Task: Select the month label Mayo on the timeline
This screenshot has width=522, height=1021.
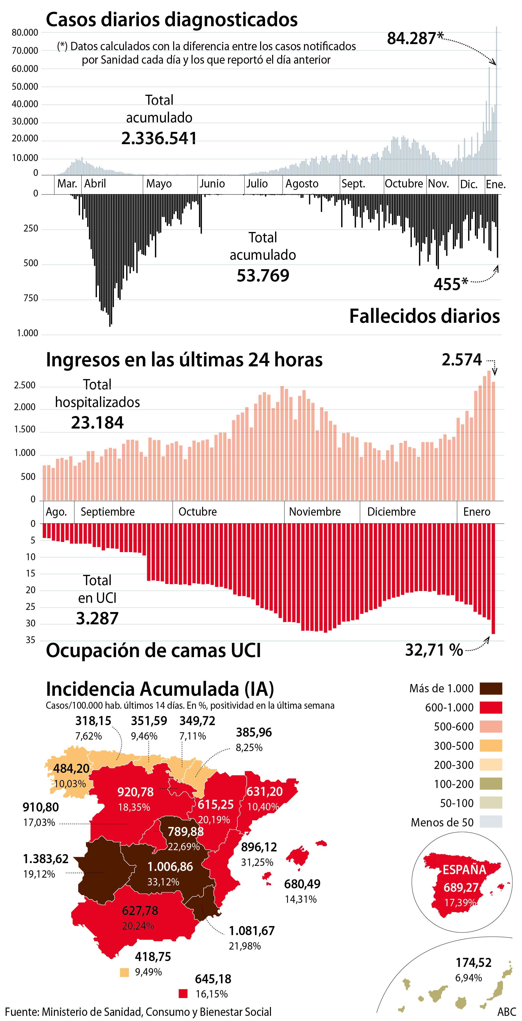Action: coord(159,184)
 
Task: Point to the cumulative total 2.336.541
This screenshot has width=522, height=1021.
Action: coord(159,138)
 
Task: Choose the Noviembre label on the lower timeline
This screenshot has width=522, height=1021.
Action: coord(315,512)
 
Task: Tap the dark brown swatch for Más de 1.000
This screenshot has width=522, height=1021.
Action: coord(491,688)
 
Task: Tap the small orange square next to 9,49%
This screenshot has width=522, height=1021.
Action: coord(124,972)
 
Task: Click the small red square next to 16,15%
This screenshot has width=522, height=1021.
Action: coord(183,994)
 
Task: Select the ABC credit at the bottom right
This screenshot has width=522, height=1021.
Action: coord(507,1012)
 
